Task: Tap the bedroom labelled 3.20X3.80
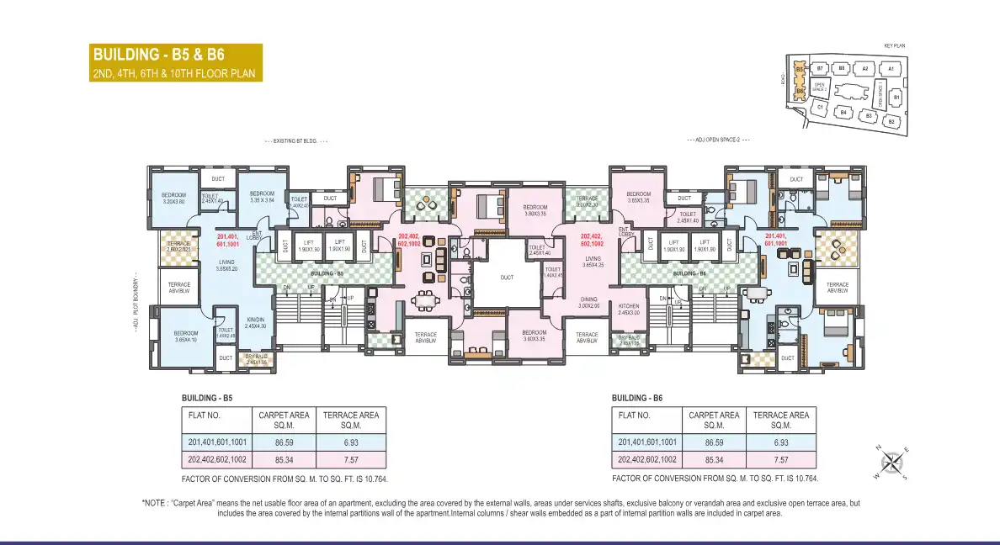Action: coord(173,198)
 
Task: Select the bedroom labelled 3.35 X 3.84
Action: coord(262,197)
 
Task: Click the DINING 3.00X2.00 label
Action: coord(588,302)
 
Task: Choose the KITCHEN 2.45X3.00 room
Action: coord(630,309)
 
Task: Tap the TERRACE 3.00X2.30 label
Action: coord(587,201)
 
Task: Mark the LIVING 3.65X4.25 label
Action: coord(593,262)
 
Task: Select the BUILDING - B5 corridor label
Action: coord(327,273)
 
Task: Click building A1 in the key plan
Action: coord(890,68)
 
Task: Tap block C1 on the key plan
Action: coord(819,108)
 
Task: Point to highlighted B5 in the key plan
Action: coord(800,69)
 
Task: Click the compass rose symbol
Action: coord(894,462)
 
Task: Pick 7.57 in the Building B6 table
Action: coord(780,460)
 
